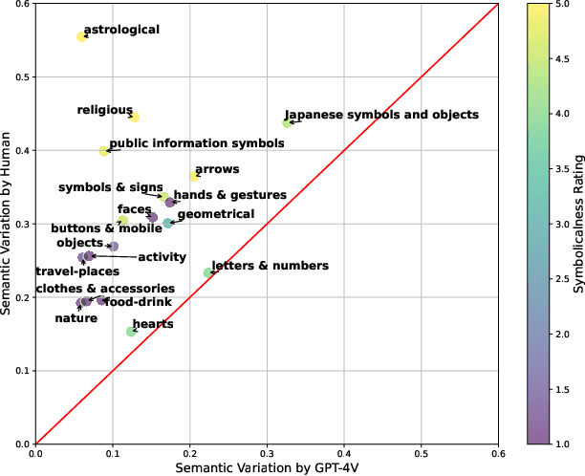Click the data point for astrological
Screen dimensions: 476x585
[81, 36]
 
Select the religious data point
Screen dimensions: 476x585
[135, 117]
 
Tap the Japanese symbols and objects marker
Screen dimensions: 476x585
[287, 122]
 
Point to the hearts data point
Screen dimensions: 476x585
[131, 332]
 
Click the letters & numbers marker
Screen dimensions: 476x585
[208, 273]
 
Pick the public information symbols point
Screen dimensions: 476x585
[104, 151]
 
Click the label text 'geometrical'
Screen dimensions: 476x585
[216, 215]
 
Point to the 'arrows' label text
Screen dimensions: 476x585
[217, 169]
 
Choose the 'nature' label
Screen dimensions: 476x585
[76, 318]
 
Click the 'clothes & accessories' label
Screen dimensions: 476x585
[105, 289]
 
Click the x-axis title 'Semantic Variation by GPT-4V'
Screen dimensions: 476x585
[266, 467]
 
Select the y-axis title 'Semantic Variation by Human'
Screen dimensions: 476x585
[9, 222]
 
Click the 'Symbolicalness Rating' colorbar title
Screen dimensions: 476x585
[576, 222]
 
